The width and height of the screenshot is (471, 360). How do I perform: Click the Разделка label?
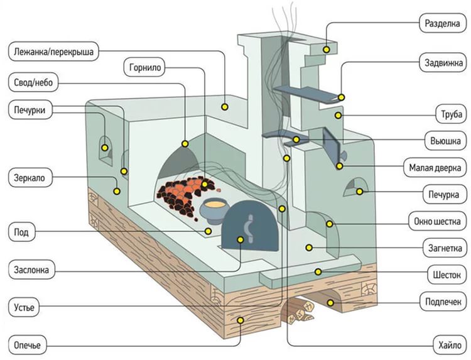(441, 24)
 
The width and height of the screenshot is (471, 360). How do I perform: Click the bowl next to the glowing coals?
(213, 208)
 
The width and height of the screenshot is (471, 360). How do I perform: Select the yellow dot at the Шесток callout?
(318, 271)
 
